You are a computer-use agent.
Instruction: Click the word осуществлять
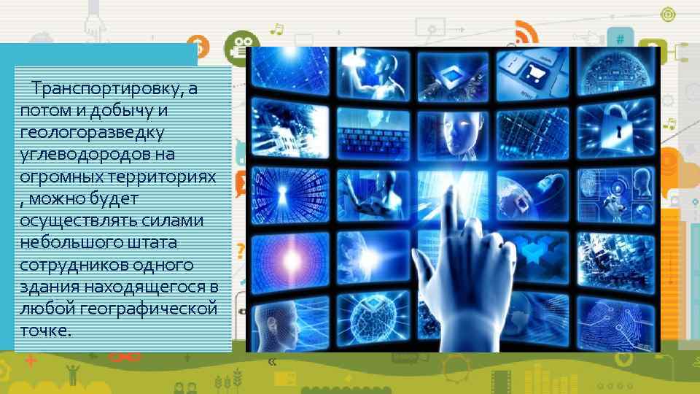72,221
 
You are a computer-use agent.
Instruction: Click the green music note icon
277,28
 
